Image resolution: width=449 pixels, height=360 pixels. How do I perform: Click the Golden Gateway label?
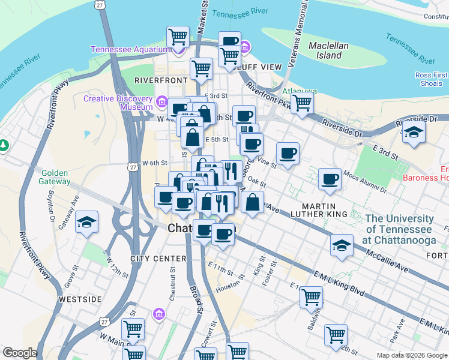(x=55, y=177)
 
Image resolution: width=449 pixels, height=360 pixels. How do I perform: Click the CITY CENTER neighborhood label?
(x=158, y=259)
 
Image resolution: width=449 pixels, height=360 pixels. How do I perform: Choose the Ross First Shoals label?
(x=429, y=79)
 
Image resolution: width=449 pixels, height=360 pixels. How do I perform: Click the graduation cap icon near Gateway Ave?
(x=88, y=222)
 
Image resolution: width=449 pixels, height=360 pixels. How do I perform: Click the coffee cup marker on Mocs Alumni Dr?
(x=330, y=179)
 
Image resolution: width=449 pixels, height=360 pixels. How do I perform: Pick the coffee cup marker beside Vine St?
(x=288, y=153)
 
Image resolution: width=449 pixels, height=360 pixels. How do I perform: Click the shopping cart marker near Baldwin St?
(x=312, y=296)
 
